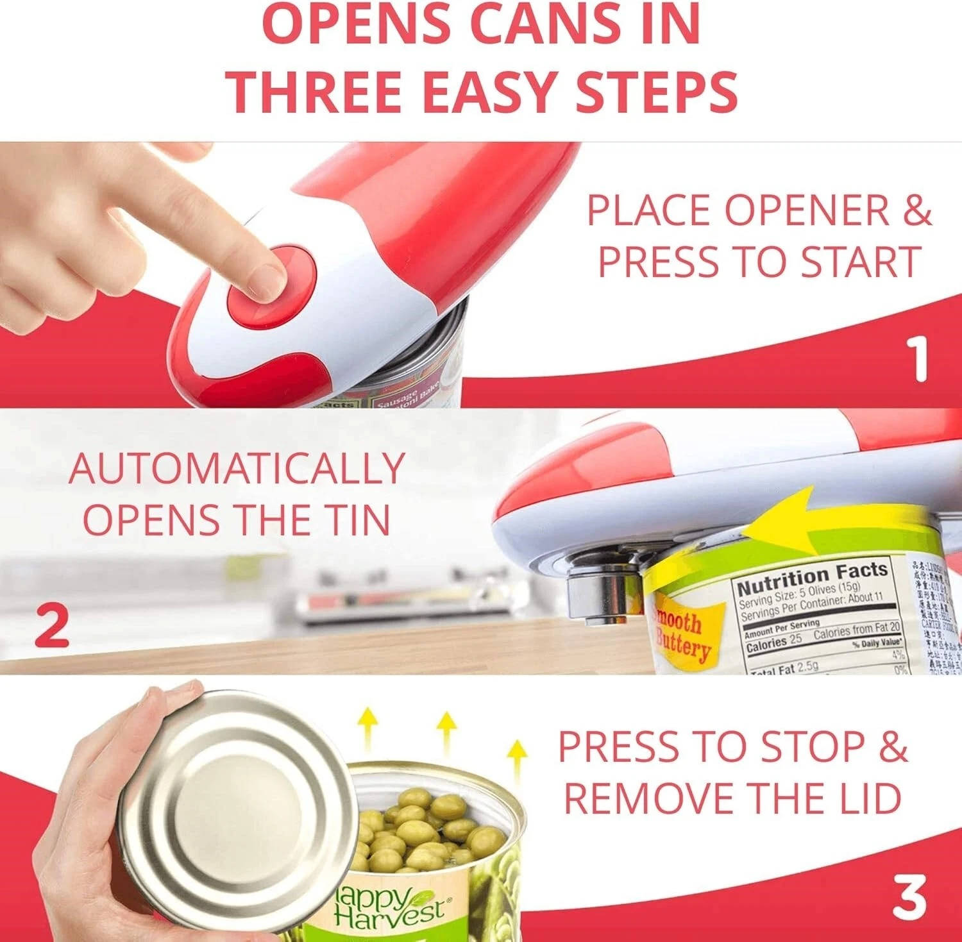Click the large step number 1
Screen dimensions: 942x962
point(919,359)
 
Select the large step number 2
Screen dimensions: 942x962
point(51,626)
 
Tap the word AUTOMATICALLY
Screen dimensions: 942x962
point(237,469)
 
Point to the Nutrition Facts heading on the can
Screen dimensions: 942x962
point(812,578)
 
